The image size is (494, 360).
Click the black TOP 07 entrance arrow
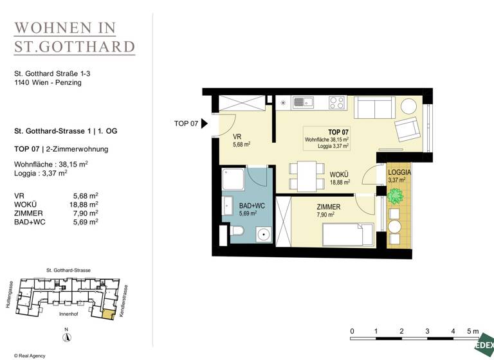205,123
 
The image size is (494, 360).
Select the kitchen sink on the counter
302,102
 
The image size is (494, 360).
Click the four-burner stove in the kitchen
336,102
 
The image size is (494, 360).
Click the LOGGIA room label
399,173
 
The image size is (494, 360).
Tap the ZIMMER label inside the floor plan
328,207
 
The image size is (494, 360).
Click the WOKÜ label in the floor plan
340,174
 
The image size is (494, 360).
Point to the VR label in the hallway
237,137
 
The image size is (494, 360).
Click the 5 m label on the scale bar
473,332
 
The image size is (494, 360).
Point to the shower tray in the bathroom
234,181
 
